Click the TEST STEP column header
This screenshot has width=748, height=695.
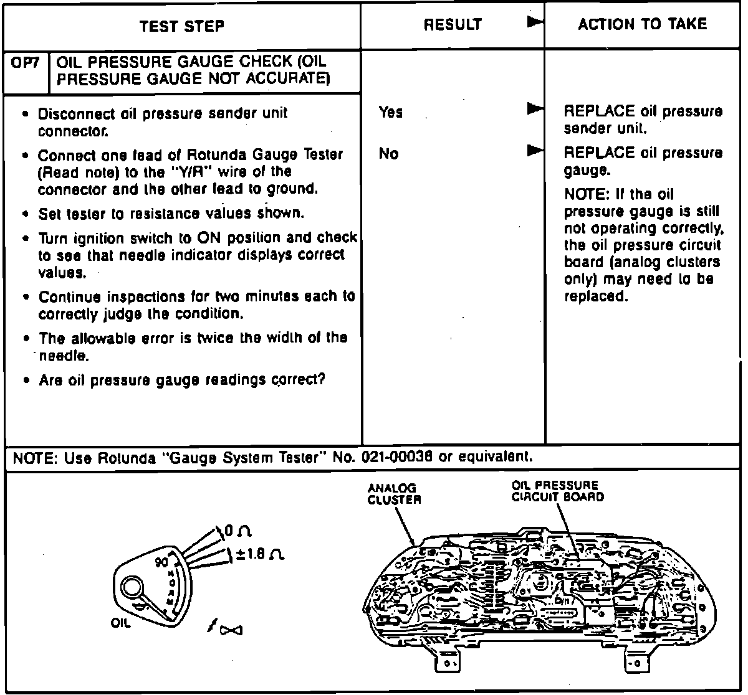pyautogui.click(x=182, y=26)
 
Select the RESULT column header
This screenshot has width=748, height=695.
pyautogui.click(x=453, y=25)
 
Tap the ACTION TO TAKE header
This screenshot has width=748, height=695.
pyautogui.click(x=642, y=24)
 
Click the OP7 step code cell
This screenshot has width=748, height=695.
pyautogui.click(x=26, y=63)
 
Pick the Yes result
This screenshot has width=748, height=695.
pyautogui.click(x=391, y=113)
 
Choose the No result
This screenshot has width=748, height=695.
pyautogui.click(x=388, y=154)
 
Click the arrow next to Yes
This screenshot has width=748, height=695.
pyautogui.click(x=535, y=109)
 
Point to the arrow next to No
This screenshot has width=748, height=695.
pyautogui.click(x=535, y=150)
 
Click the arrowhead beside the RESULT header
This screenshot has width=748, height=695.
pyautogui.click(x=535, y=22)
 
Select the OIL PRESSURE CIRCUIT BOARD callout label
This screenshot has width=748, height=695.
pyautogui.click(x=557, y=491)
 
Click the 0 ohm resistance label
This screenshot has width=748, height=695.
pyautogui.click(x=237, y=531)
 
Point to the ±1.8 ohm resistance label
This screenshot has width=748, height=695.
pyautogui.click(x=259, y=554)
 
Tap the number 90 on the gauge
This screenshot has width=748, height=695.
pyautogui.click(x=162, y=562)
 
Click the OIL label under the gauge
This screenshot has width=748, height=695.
pyautogui.click(x=121, y=623)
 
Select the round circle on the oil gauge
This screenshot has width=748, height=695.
pyautogui.click(x=132, y=587)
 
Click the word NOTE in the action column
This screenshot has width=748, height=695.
pyautogui.click(x=585, y=194)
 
